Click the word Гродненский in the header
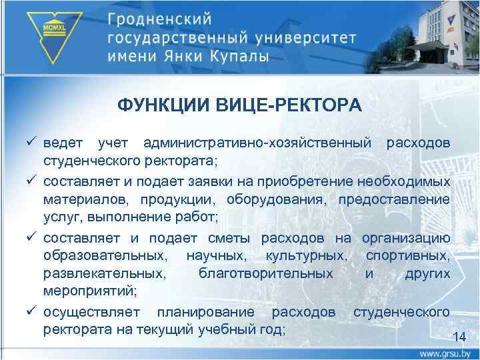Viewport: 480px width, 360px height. [163, 18]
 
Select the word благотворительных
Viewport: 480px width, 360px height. [266, 275]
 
